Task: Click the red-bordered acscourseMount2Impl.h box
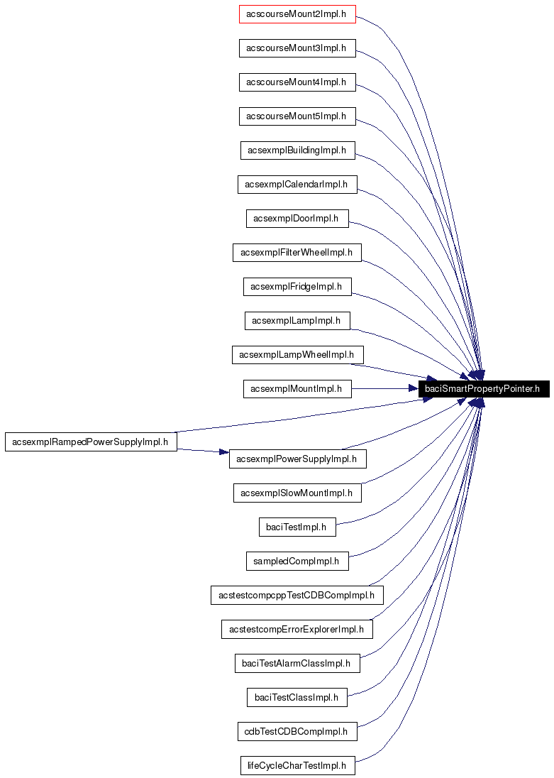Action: [x=297, y=14]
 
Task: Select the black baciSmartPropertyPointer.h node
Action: [x=482, y=388]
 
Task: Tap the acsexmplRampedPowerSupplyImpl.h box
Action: [x=91, y=442]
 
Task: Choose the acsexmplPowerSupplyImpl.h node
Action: [x=297, y=459]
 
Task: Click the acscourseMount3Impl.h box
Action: [x=297, y=48]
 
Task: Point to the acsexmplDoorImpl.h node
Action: [x=297, y=219]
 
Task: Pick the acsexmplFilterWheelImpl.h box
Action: [x=297, y=253]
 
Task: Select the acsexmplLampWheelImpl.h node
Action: [x=297, y=355]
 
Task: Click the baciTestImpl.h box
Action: [x=297, y=527]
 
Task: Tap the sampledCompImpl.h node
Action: [x=297, y=561]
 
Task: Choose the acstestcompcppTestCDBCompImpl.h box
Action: [x=297, y=595]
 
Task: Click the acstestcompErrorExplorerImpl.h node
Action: [x=297, y=629]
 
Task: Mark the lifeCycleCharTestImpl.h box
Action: [x=297, y=765]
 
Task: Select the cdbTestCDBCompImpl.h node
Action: [x=297, y=731]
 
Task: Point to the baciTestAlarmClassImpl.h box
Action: [x=297, y=664]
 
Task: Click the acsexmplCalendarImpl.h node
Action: [x=297, y=185]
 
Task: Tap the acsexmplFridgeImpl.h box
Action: [x=297, y=287]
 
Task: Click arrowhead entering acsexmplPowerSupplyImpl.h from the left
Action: [x=223, y=452]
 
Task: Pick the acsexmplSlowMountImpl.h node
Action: [x=297, y=493]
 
